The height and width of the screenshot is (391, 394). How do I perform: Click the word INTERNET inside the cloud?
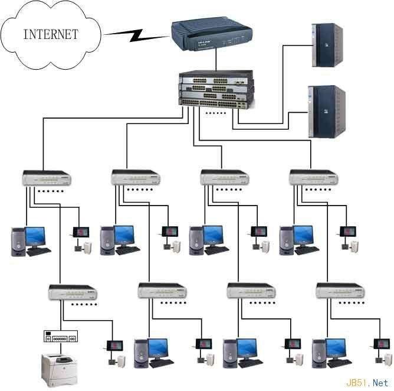click(50, 34)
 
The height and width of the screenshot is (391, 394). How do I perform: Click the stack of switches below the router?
click(216, 88)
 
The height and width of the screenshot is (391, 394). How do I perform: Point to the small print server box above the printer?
click(60, 337)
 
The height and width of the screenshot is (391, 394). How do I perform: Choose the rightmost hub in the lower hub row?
click(340, 291)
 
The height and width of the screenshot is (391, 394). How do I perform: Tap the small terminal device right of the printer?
click(113, 346)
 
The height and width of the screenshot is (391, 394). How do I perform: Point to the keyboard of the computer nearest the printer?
click(161, 363)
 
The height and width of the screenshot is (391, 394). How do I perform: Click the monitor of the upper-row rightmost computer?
click(303, 236)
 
